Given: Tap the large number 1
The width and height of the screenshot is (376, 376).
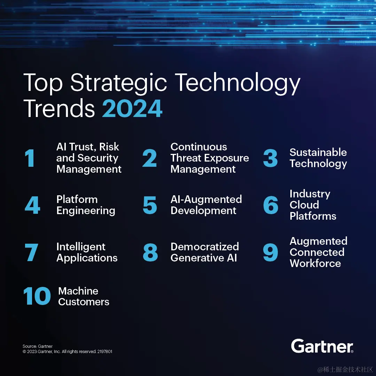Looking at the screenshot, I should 30,158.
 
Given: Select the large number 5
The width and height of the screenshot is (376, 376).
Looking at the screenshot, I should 150,205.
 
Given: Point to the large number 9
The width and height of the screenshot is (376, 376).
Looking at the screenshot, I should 270,252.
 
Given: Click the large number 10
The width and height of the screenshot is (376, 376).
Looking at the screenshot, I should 37,296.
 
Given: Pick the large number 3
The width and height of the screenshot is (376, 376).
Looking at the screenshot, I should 270,158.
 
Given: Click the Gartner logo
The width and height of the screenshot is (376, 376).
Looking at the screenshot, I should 322,346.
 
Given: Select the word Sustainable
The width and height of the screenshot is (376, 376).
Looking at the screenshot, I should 318,152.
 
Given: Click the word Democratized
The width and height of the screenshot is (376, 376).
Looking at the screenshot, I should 205,246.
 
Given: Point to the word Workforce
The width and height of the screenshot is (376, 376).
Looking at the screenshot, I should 315,263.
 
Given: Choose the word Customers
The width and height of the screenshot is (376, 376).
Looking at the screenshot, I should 84,302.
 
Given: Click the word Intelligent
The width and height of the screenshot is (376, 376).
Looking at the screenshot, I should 81,246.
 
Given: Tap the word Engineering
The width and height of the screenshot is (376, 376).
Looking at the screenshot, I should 86,211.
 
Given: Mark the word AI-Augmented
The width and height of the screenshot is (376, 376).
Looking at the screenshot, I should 206,199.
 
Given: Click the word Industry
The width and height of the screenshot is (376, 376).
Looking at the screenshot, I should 310,194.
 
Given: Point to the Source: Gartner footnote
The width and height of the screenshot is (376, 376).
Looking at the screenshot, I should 38,346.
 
